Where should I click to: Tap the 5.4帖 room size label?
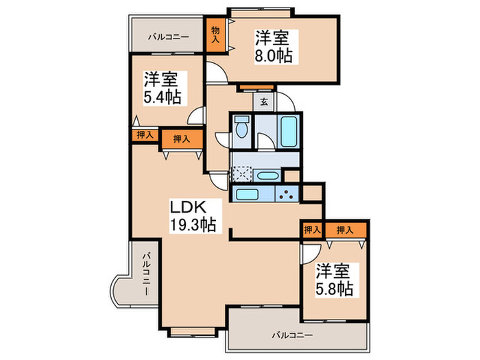click(x=163, y=97)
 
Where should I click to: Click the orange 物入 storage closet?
click(x=215, y=34)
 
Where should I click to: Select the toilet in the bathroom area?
click(x=241, y=129)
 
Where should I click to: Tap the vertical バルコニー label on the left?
click(x=146, y=274)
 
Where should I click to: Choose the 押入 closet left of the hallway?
click(x=182, y=137)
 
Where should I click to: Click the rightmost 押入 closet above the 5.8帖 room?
click(x=346, y=230)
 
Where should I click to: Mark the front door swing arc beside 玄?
click(x=288, y=104)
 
